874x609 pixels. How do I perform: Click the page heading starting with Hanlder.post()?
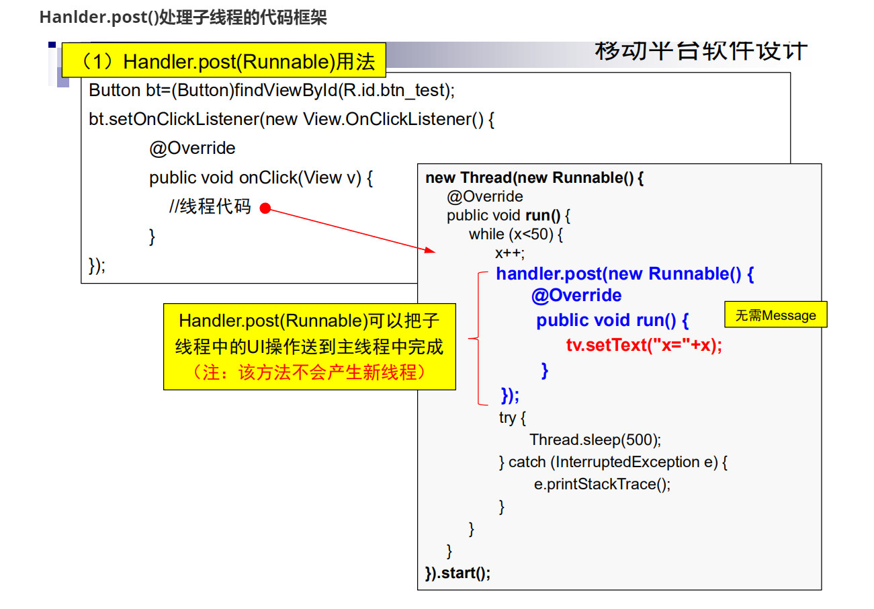click(x=183, y=18)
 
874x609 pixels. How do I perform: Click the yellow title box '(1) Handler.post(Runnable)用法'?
click(x=224, y=62)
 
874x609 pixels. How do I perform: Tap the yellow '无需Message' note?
click(x=775, y=315)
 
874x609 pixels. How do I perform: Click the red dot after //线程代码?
click(x=265, y=208)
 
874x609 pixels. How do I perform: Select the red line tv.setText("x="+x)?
click(x=644, y=346)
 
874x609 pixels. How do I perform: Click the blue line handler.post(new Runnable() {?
click(x=625, y=274)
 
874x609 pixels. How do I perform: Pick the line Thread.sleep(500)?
click(x=595, y=440)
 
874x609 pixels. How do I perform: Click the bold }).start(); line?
click(x=458, y=573)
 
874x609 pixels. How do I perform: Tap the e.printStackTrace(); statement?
click(x=602, y=484)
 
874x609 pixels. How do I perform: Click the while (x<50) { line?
click(x=515, y=234)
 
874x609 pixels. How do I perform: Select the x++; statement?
click(x=509, y=253)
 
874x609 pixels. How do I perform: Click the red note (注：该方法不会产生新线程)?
click(x=309, y=372)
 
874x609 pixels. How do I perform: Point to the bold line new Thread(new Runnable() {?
click(x=535, y=178)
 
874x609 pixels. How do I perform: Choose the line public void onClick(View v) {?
click(x=261, y=178)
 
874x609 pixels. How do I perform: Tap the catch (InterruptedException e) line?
click(x=613, y=462)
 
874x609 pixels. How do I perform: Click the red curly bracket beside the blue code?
click(x=478, y=339)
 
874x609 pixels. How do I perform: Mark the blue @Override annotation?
click(x=576, y=296)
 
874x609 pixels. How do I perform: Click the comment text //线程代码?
click(x=210, y=208)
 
